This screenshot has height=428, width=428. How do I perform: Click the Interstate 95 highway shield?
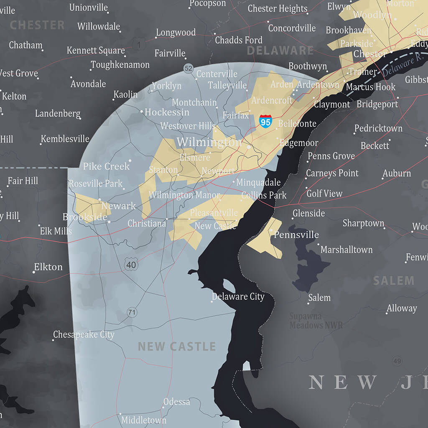tap(265, 121)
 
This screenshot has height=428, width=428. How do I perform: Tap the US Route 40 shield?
tap(131, 264)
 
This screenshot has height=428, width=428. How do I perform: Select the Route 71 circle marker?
tap(132, 312)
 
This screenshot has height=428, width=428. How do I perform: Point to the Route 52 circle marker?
tap(189, 69)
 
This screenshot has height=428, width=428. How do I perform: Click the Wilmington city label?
tap(209, 142)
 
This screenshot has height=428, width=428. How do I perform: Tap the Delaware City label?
tap(238, 297)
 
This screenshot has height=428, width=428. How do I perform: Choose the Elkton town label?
tap(48, 267)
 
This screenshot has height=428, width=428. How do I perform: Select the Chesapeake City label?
tap(84, 335)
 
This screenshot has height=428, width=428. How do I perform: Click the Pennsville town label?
tap(296, 235)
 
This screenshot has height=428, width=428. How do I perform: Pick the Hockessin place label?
tap(167, 112)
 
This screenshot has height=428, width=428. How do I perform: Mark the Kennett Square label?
tap(96, 51)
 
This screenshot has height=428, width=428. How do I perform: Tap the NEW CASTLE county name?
tap(177, 346)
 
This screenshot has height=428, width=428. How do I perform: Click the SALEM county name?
tap(394, 280)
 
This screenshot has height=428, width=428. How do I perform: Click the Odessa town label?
tap(177, 402)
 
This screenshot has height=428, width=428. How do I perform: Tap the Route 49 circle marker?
tap(397, 361)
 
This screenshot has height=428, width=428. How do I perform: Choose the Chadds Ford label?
tap(239, 40)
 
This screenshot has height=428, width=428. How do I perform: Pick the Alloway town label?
tap(402, 308)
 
